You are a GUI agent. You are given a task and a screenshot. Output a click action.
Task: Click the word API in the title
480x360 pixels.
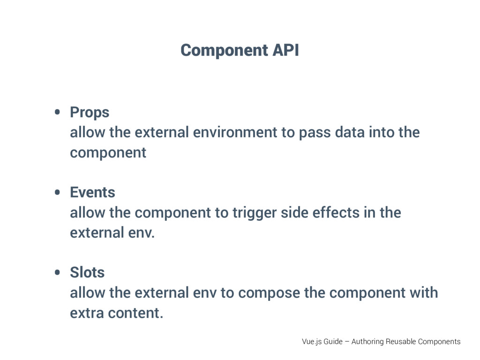point(285,50)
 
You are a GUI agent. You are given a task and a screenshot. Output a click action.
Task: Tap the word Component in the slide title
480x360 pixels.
point(224,50)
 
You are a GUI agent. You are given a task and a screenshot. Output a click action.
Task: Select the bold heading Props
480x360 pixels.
point(90,112)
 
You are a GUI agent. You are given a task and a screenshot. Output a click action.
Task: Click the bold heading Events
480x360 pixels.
point(92,192)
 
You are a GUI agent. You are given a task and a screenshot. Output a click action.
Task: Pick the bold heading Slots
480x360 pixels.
point(87,272)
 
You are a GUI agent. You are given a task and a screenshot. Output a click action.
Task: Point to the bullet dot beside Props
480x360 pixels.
point(57,112)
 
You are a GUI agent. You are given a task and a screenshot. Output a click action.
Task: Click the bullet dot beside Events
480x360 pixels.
point(57,192)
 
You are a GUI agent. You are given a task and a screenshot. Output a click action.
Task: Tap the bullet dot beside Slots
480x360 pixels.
point(57,272)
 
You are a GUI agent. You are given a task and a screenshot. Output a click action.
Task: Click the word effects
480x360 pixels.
point(334,213)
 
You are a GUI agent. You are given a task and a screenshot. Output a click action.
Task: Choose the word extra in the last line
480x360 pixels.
point(87,313)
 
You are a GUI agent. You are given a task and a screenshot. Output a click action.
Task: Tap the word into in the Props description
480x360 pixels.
point(382,133)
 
